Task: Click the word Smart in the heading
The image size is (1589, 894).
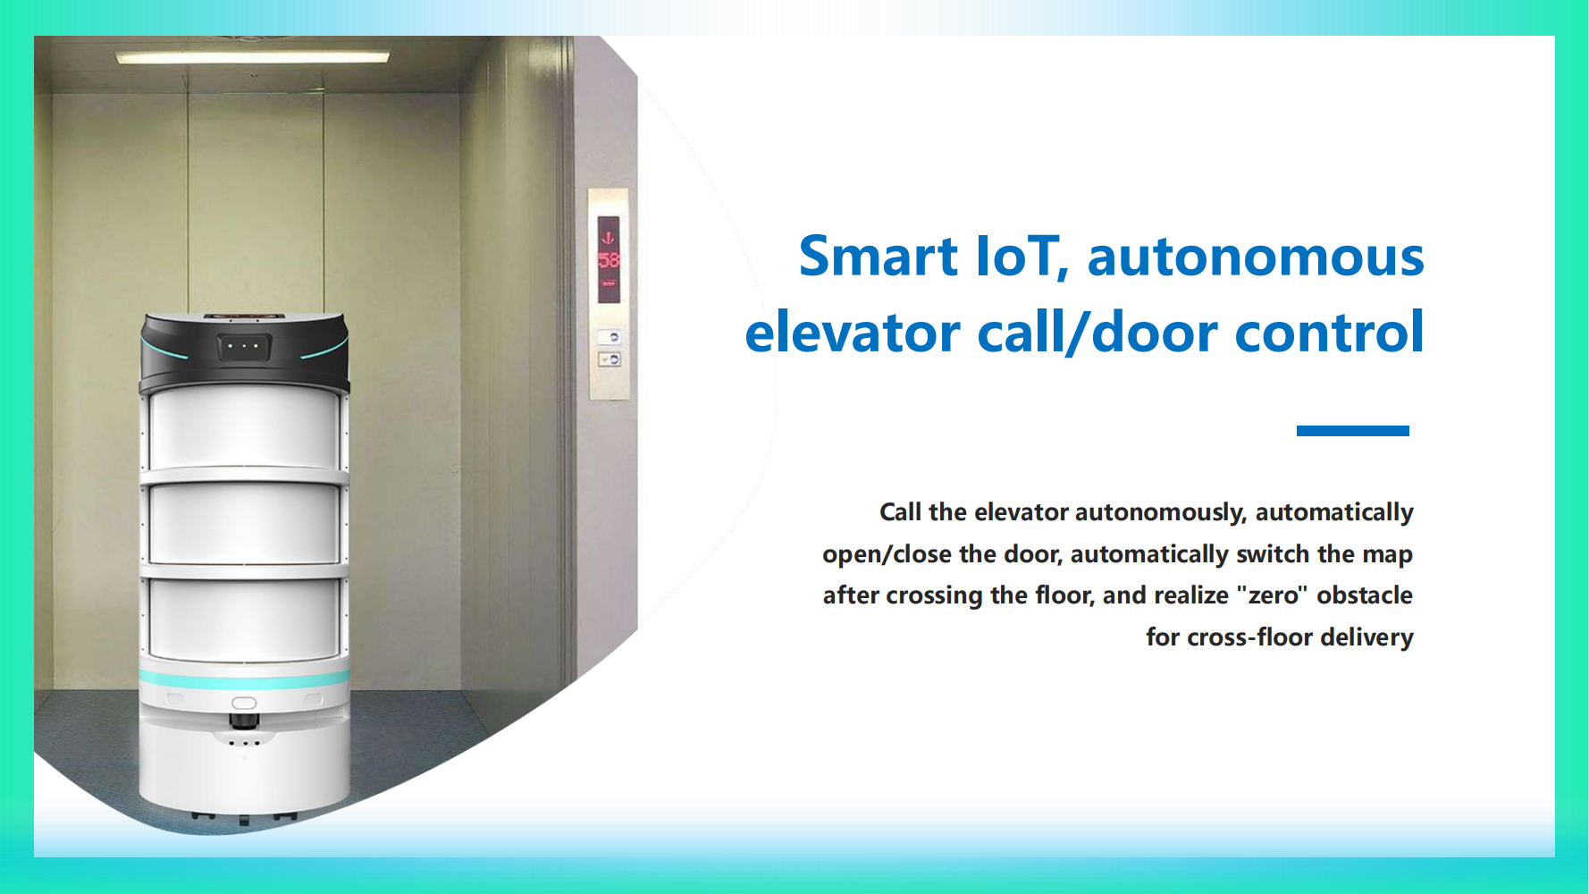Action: coord(879,257)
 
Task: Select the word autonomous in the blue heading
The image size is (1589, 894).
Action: coord(1256,257)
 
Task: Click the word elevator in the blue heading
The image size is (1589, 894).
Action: coord(853,333)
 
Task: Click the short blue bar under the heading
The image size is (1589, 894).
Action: coord(1352,431)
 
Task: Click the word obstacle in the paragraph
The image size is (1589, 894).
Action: coord(1365,595)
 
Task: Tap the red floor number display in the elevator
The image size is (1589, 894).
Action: coord(609,259)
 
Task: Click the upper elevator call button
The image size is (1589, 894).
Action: coord(610,337)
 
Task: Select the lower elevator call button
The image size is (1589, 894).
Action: coord(610,359)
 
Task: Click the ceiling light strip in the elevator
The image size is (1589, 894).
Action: coord(253,57)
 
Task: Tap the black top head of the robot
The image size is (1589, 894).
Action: coord(244,350)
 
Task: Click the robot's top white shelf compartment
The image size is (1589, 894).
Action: coord(245,429)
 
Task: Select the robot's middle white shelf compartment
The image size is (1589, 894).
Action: coord(245,525)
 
